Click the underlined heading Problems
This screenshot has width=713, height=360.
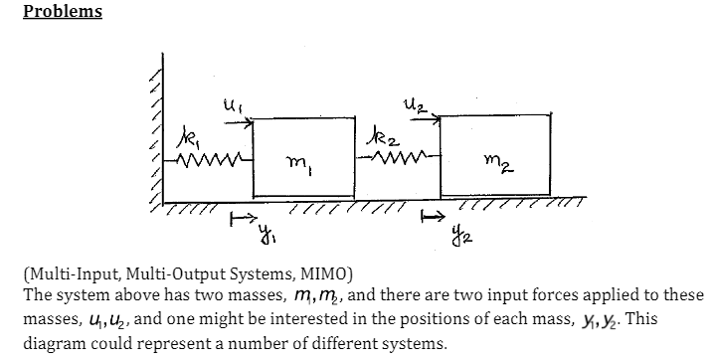pos(62,12)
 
